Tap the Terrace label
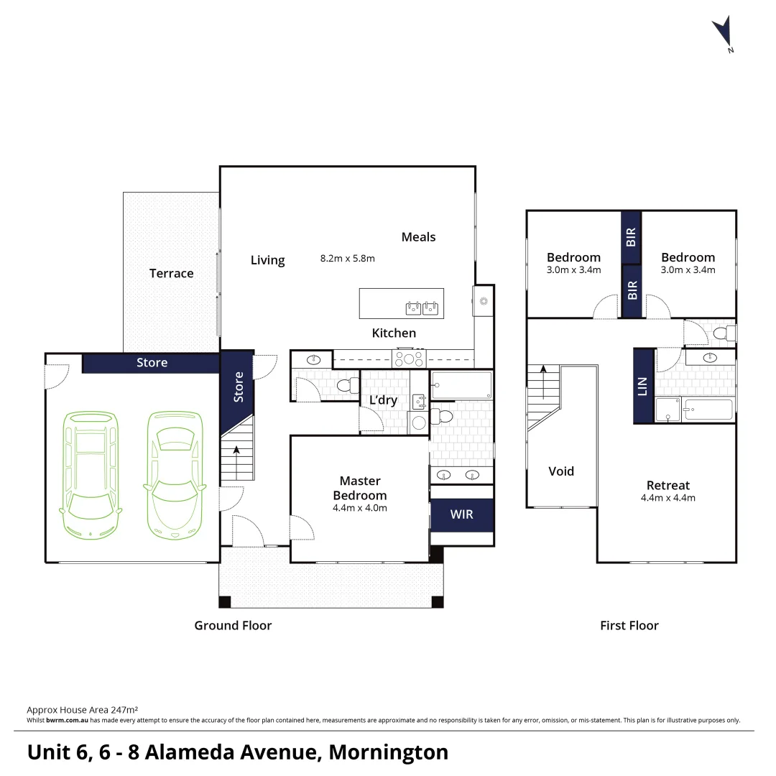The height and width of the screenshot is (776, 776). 171,273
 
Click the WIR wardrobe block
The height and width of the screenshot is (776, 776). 461,515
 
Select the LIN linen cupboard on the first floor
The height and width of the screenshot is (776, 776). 643,386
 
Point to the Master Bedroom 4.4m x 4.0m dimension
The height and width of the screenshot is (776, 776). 359,508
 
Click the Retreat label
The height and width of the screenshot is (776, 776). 668,485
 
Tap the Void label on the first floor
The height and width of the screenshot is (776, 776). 561,471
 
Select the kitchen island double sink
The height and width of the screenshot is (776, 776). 422,308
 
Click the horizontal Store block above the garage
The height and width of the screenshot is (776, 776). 151,363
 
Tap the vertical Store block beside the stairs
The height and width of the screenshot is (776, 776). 237,387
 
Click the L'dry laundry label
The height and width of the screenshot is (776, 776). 382,400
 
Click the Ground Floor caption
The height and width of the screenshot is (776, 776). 233,625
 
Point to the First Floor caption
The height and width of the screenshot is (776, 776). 629,625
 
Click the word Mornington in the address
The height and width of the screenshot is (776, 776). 388,752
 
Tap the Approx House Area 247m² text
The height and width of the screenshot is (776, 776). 83,708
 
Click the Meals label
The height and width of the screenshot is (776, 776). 418,237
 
